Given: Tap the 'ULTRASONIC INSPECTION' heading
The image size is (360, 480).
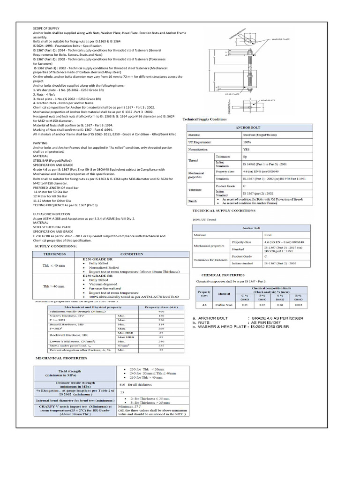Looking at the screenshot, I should [x=52, y=212].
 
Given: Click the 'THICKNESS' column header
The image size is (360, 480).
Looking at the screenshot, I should [x=55, y=254].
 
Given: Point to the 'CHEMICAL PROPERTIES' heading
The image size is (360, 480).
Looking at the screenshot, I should [x=223, y=275].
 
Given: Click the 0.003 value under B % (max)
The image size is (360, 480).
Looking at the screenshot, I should [x=298, y=304].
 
